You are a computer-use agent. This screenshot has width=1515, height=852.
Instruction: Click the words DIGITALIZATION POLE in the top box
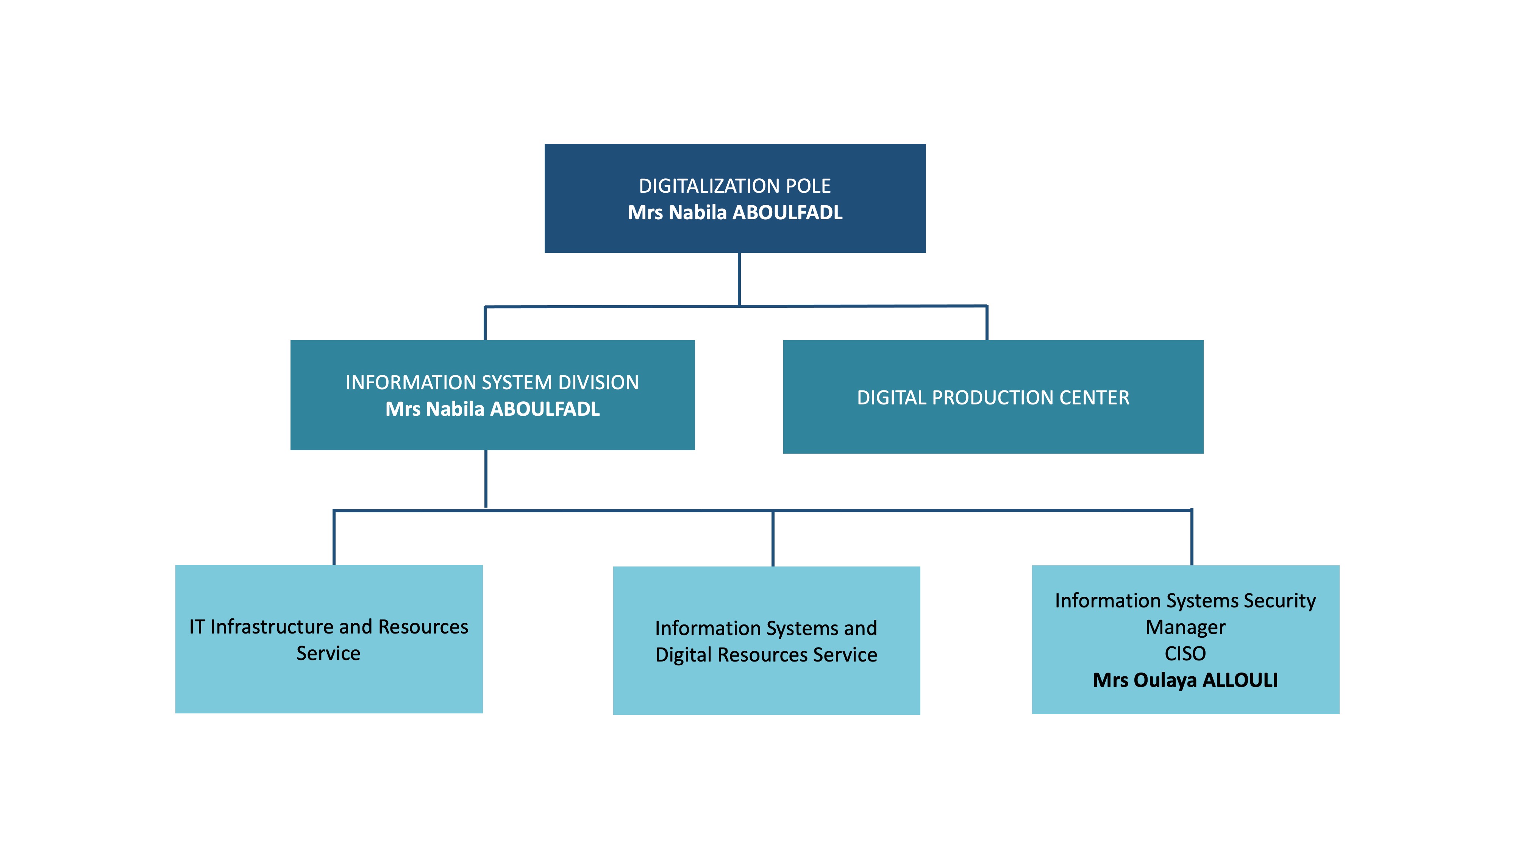734,186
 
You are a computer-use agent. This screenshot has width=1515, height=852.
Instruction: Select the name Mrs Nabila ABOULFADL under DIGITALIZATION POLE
734,212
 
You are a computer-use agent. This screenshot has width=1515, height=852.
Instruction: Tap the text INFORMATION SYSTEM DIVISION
492,382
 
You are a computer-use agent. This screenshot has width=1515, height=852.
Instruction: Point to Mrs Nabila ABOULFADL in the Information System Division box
492,409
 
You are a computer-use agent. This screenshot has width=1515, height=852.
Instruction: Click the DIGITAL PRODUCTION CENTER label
993,398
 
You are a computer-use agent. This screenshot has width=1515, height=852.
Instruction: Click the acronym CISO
1185,653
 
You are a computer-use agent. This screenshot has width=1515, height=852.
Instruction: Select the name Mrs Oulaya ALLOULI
1185,680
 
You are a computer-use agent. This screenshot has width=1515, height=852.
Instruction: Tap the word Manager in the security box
1185,627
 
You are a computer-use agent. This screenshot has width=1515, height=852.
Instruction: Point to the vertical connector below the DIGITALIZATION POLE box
739,279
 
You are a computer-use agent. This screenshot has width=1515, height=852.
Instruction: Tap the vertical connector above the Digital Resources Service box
773,538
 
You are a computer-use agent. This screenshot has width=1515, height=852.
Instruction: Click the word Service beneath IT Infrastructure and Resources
328,653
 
